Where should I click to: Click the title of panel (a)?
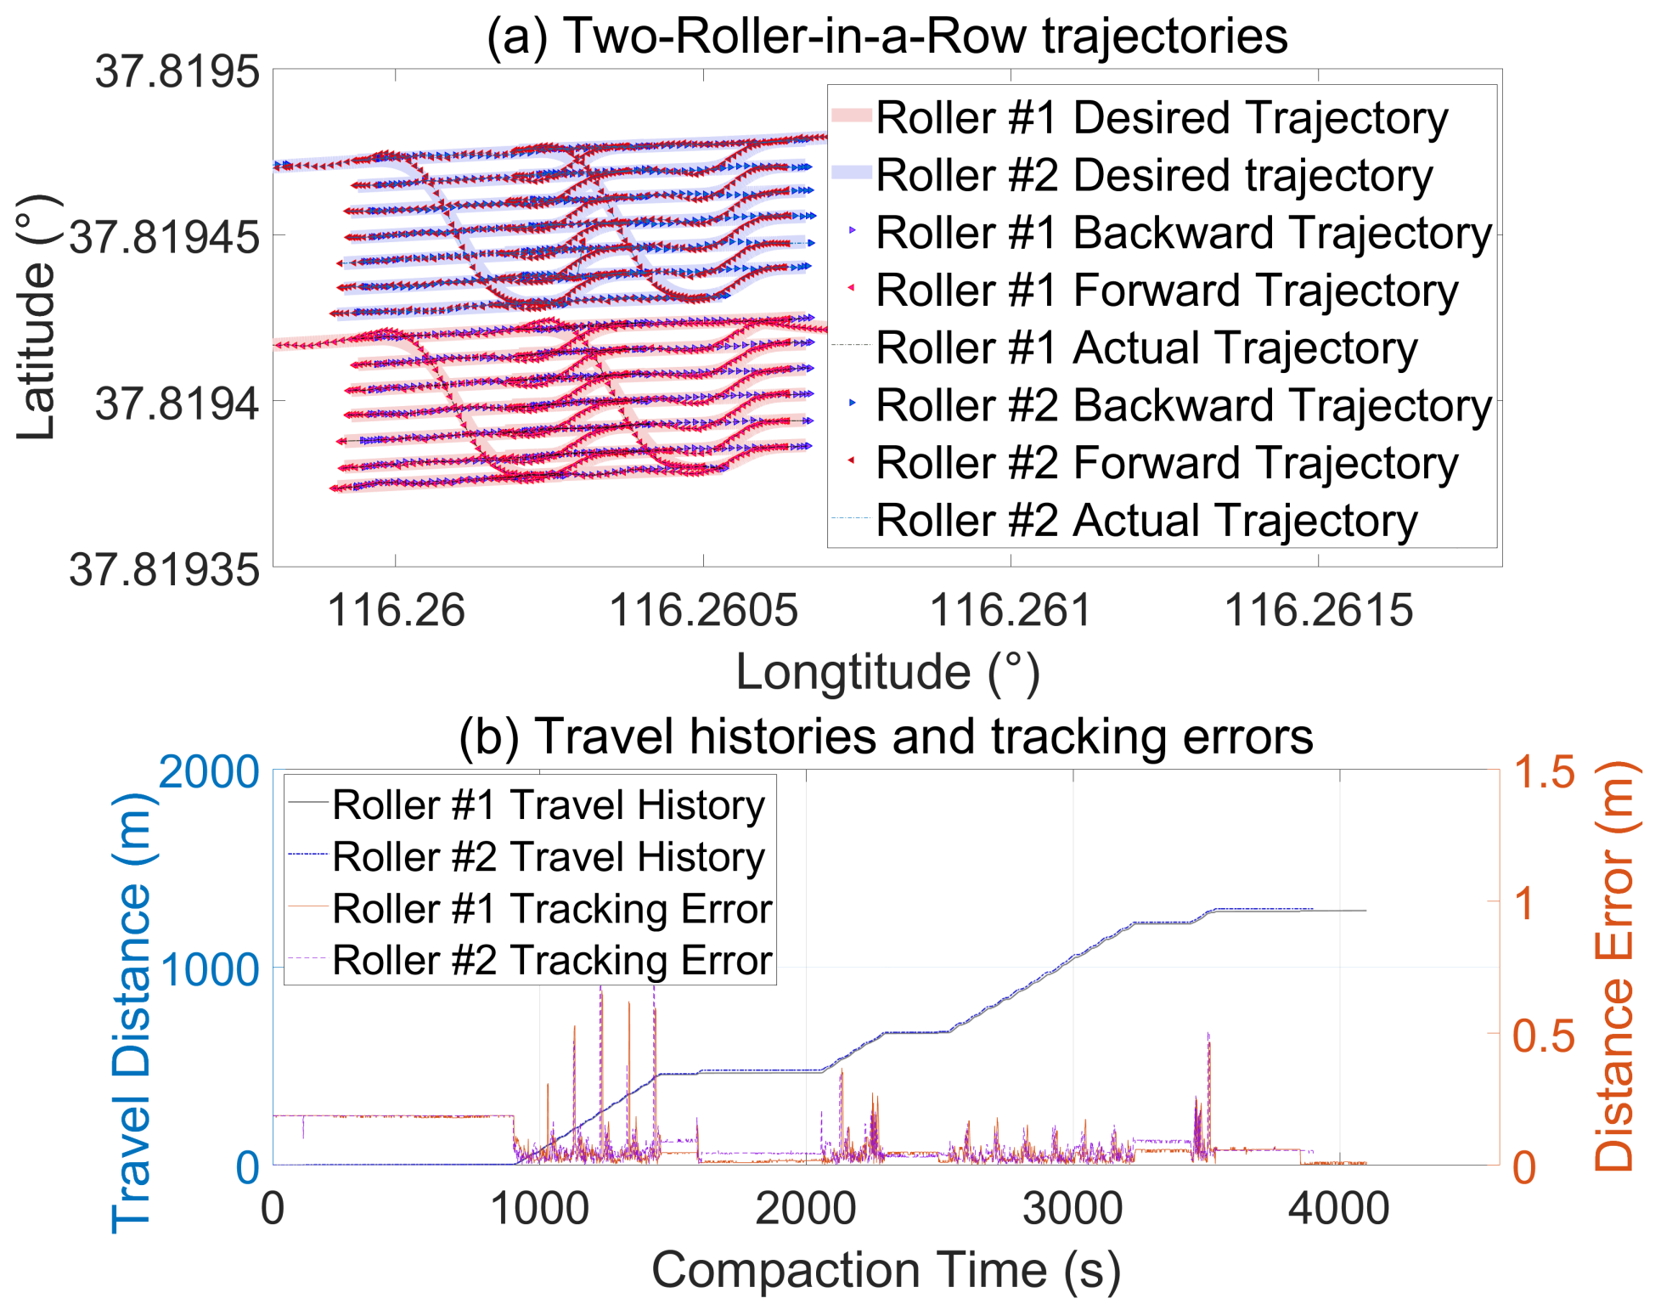click(x=887, y=36)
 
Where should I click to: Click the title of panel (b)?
click(x=886, y=736)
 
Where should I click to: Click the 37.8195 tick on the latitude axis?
click(x=177, y=71)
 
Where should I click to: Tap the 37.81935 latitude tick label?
click(x=164, y=568)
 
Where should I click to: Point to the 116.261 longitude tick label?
click(x=1010, y=610)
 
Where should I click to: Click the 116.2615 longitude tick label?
click(x=1318, y=610)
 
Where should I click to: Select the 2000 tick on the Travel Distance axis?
click(x=209, y=772)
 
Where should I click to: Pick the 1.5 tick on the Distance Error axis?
click(x=1544, y=772)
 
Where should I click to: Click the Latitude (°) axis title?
click(x=36, y=318)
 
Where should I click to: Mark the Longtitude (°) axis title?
click(x=887, y=672)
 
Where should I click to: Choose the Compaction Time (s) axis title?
click(x=886, y=1271)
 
